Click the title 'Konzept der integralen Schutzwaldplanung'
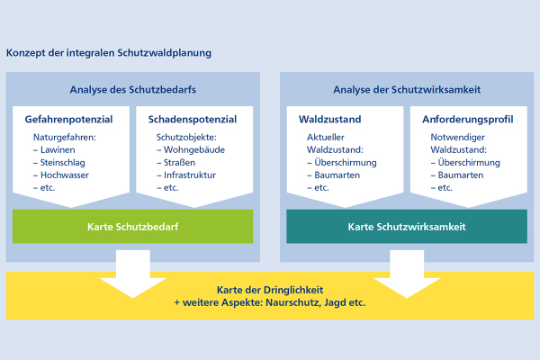tap(109, 53)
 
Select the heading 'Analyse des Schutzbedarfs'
tap(133, 90)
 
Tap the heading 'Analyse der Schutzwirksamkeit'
tap(407, 90)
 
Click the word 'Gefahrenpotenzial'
tap(69, 120)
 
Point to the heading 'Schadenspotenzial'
tap(193, 120)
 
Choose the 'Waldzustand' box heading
tap(330, 119)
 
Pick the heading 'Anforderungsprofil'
tap(468, 120)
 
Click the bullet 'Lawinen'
tap(58, 150)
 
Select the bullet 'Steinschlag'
tap(63, 163)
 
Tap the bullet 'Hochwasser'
tap(65, 175)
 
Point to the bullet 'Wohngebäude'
tap(194, 150)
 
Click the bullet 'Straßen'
tap(179, 163)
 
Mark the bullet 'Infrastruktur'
tap(190, 175)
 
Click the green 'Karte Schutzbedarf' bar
tap(133, 227)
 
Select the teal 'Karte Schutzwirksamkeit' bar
tap(407, 227)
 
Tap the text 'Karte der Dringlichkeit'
tap(270, 290)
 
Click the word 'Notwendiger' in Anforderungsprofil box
tap(457, 138)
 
